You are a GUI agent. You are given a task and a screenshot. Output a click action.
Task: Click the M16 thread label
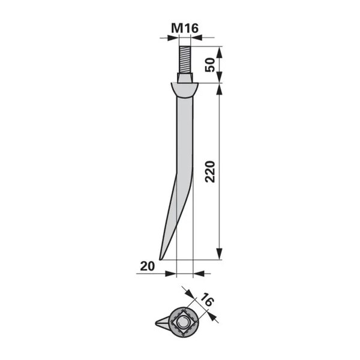coord(185,28)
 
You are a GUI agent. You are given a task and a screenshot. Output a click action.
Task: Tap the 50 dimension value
coord(210,65)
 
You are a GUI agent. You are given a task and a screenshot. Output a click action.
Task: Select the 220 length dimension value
coord(210,172)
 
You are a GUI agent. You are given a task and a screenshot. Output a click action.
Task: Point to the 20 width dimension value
coord(148,266)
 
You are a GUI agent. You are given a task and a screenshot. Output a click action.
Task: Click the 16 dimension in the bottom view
coord(207,299)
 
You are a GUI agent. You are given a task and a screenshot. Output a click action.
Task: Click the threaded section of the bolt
coord(185,59)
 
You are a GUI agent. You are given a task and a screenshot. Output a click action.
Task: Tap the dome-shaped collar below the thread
coord(184,90)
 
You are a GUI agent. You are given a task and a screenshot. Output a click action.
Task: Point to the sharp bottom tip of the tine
coord(160,260)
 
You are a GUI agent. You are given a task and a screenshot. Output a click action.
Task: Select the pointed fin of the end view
coord(163,323)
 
